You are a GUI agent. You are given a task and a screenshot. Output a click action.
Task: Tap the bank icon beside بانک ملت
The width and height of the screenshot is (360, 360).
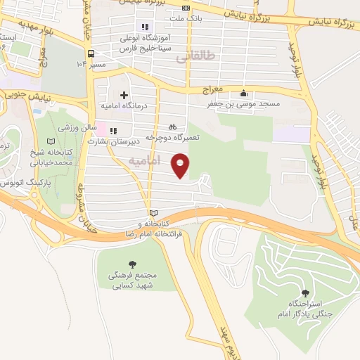(186, 8)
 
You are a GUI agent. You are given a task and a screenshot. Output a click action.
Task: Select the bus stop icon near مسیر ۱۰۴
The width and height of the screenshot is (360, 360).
(91, 53)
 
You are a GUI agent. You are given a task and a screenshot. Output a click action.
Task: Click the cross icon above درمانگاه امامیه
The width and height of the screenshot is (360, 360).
(124, 95)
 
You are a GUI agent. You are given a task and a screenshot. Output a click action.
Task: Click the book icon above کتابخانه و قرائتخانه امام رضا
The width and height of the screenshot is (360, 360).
(154, 213)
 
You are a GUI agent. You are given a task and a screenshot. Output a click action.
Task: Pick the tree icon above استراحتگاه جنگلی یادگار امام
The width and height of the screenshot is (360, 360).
(304, 293)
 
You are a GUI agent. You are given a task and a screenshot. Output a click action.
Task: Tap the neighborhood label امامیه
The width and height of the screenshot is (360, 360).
(145, 161)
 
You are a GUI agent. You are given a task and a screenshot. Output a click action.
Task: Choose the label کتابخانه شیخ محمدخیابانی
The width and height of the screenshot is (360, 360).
(51, 157)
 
